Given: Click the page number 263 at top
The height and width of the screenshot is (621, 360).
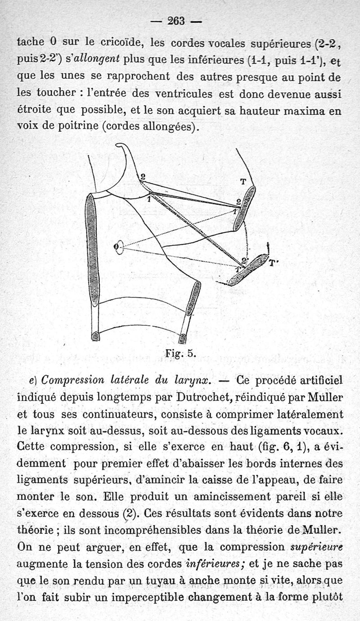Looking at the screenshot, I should (176, 21).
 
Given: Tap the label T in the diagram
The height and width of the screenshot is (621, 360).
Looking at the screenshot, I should (243, 182).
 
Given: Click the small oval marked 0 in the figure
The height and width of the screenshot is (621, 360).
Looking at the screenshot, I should (119, 246).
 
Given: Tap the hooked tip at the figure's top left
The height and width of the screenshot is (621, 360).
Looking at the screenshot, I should (121, 146).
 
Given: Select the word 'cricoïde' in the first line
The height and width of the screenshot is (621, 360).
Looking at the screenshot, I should (120, 43).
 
